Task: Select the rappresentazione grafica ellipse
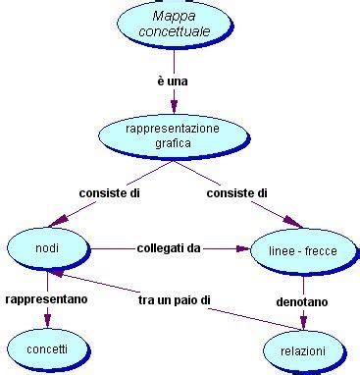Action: coord(172,135)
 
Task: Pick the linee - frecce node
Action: coord(302,251)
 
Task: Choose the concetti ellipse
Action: coord(47,348)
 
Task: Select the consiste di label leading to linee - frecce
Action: coord(236,193)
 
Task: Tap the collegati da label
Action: coord(169,248)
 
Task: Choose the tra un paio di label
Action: coord(175,297)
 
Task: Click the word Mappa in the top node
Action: coord(175,16)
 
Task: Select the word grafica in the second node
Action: coord(172,142)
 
